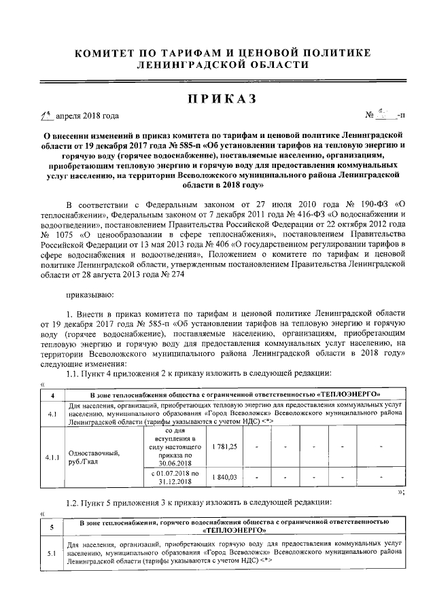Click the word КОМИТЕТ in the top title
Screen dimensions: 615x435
pyautogui.click(x=107, y=52)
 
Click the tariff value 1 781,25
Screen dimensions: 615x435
pyautogui.click(x=224, y=446)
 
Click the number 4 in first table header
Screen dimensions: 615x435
pyautogui.click(x=53, y=394)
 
